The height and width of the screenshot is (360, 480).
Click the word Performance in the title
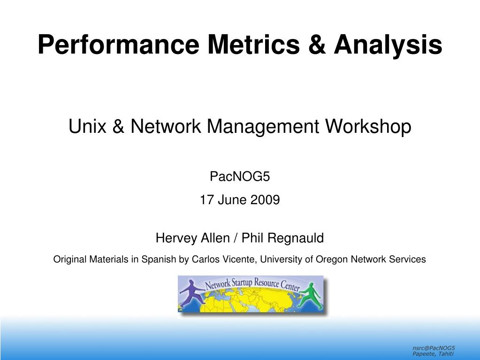click(118, 45)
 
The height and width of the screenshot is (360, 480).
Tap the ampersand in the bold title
click(317, 45)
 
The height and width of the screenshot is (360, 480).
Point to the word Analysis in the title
click(388, 46)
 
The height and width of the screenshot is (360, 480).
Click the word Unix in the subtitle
click(87, 126)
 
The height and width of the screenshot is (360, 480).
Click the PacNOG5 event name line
click(240, 176)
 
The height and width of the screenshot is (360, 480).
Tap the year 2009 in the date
click(265, 200)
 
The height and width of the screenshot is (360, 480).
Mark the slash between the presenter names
click(236, 238)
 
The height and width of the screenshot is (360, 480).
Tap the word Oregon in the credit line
click(332, 260)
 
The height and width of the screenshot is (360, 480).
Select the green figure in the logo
click(311, 295)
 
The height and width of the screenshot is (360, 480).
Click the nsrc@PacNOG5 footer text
click(434, 348)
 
